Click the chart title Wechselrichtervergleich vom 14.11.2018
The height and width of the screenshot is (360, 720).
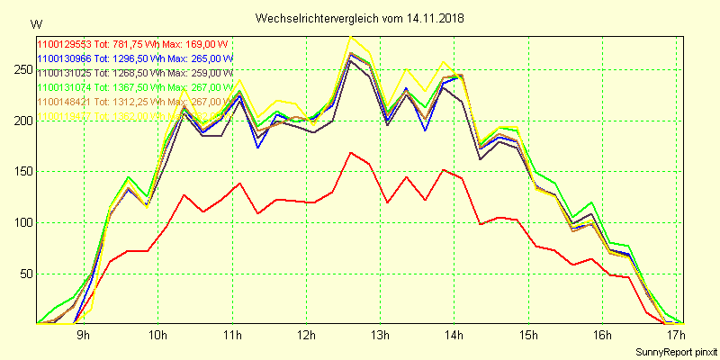click(x=360, y=17)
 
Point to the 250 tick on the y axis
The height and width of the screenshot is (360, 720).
click(x=22, y=69)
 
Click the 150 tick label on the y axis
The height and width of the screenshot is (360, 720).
click(x=22, y=171)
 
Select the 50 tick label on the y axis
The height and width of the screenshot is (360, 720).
click(x=24, y=274)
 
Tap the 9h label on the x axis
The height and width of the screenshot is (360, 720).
click(x=83, y=337)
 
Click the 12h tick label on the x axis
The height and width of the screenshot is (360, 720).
click(x=308, y=337)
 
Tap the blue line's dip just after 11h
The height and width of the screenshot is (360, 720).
click(x=258, y=147)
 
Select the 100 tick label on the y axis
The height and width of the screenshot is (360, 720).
click(x=22, y=222)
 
